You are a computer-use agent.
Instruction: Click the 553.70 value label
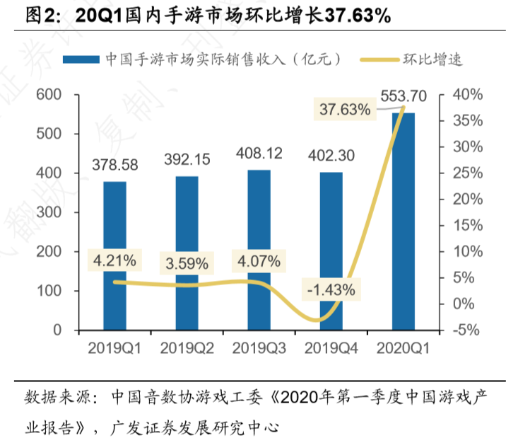(x=403, y=96)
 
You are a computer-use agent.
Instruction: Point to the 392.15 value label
(x=187, y=160)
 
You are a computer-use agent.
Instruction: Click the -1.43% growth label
(x=331, y=289)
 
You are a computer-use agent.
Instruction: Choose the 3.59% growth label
(x=187, y=264)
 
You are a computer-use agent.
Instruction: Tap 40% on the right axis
(x=467, y=95)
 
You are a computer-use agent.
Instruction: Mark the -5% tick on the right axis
(x=466, y=330)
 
